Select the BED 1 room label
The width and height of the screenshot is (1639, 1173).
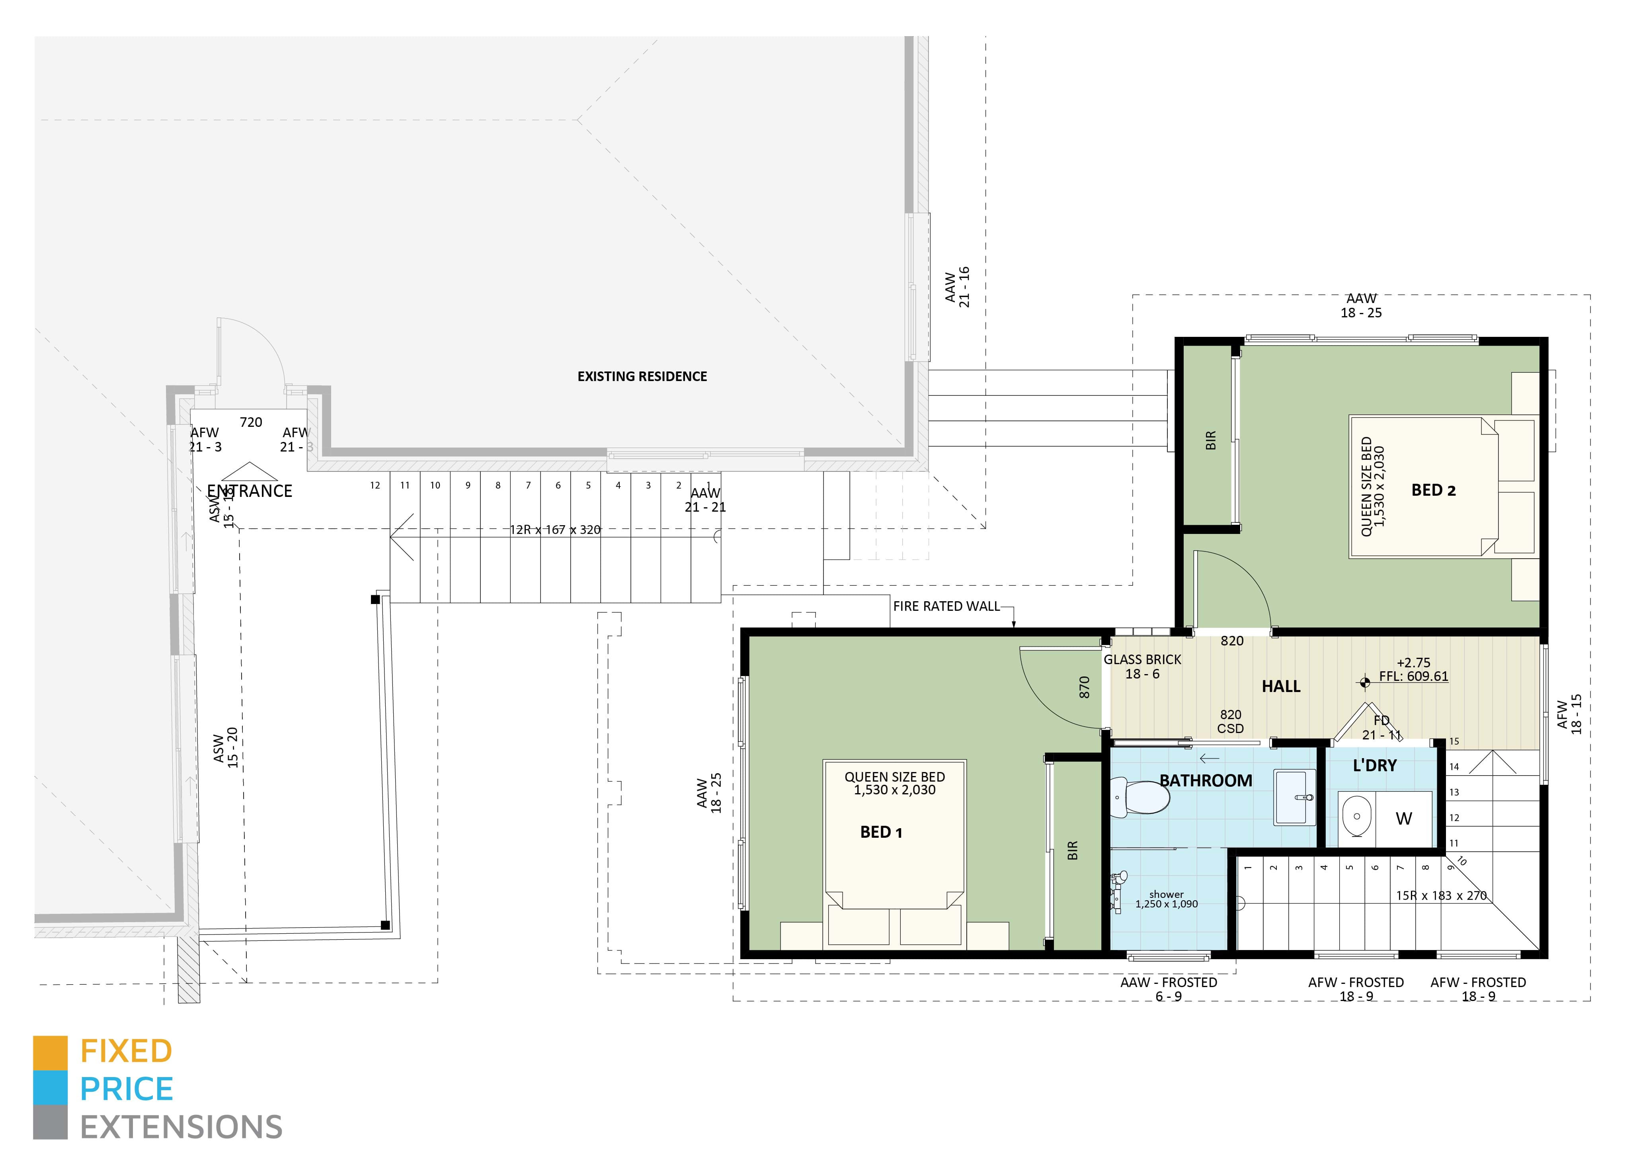880,832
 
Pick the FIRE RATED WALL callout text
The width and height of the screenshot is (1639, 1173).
946,606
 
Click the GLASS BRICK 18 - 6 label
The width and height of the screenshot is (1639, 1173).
1142,667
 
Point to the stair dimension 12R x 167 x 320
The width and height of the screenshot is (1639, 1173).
554,530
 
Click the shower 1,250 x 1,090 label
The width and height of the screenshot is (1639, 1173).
1166,899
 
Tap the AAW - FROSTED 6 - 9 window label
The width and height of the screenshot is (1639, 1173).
1168,989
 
